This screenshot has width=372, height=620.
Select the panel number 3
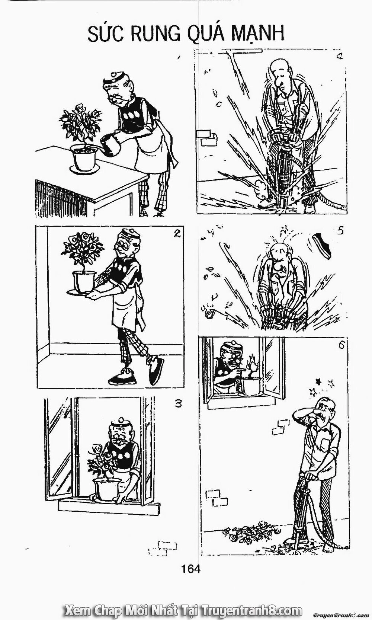(178, 403)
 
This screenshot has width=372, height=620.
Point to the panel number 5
(340, 231)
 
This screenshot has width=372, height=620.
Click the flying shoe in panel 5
(322, 244)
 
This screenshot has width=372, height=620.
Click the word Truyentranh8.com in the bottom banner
(251, 611)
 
